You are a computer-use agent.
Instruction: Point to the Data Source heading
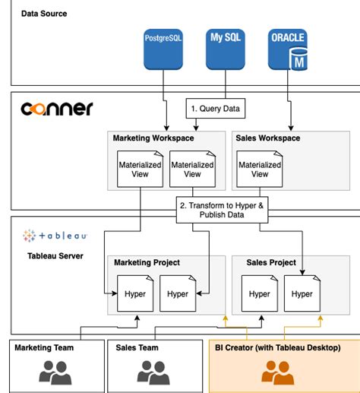(44, 14)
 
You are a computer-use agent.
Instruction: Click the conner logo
(56, 109)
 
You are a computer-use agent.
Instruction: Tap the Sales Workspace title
(268, 138)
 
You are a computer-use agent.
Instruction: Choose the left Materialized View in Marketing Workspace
(137, 168)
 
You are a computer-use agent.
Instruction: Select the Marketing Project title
(147, 262)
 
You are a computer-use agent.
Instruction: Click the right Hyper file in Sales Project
(302, 293)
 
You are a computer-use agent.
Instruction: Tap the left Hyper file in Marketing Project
(135, 293)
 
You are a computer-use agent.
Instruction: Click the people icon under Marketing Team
(55, 372)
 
